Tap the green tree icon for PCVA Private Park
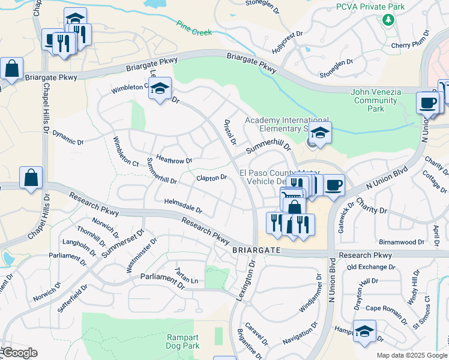pyautogui.click(x=388, y=20)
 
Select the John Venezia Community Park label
pyautogui.click(x=375, y=100)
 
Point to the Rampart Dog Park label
pyautogui.click(x=182, y=341)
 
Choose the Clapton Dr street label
pyautogui.click(x=211, y=178)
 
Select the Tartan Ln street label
pyautogui.click(x=186, y=278)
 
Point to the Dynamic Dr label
pyautogui.click(x=67, y=137)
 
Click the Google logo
pyautogui.click(x=19, y=353)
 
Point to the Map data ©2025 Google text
pyautogui.click(x=411, y=355)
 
